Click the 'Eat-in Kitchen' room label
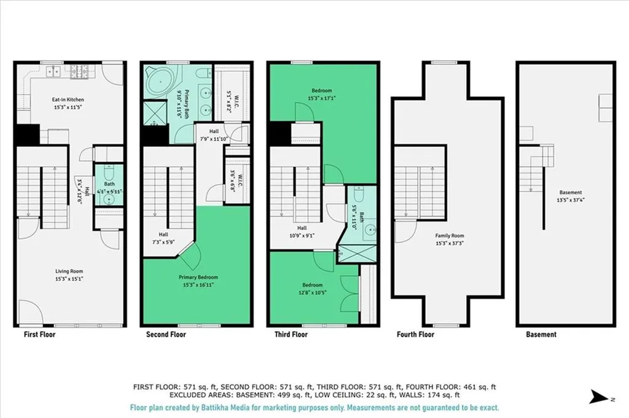tap(68, 99)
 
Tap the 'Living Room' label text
tap(68, 271)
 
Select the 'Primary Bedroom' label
tap(198, 277)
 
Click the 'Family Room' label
tap(450, 236)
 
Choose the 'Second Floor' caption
tap(166, 335)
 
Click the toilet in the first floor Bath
tap(109, 172)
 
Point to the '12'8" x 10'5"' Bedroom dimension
tap(311, 292)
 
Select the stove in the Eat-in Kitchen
tap(80, 71)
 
